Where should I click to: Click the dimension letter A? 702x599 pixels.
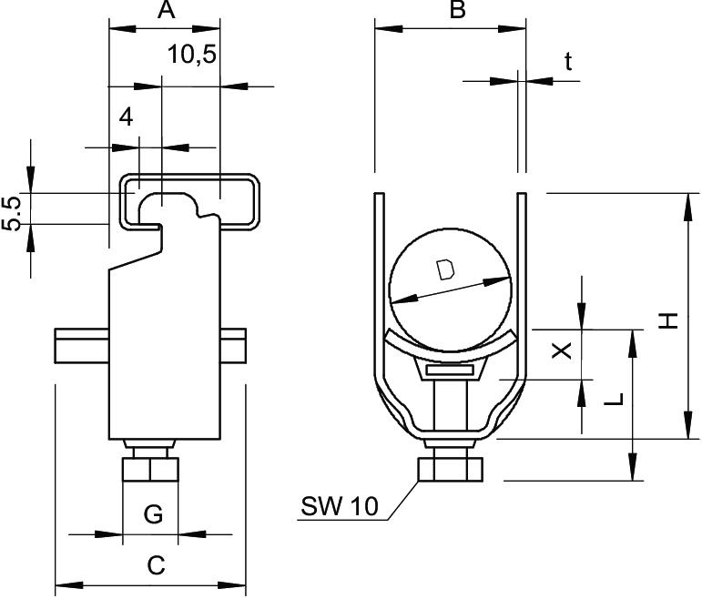[165, 11]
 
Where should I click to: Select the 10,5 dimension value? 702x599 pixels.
[191, 55]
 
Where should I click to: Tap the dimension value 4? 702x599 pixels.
[126, 117]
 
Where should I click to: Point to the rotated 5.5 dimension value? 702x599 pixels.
[12, 212]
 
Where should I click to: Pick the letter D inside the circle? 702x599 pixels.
[444, 270]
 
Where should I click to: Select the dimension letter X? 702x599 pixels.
[564, 350]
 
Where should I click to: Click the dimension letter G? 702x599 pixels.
[153, 515]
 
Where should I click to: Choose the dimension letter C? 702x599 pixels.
[156, 565]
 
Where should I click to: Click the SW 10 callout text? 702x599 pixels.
[339, 506]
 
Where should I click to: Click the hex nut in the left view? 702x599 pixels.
[150, 471]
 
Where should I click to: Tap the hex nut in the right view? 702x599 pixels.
[448, 471]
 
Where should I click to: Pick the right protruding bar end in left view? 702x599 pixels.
[233, 348]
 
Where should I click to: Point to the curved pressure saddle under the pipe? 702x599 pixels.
[448, 349]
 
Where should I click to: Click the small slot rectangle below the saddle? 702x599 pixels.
[448, 371]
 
